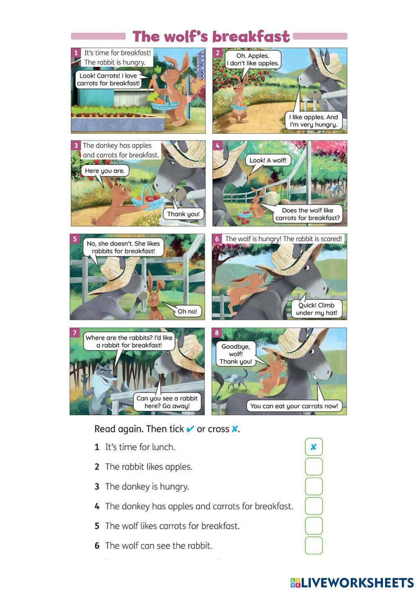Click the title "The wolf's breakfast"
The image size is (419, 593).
pyautogui.click(x=211, y=36)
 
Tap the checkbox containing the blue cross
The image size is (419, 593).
pyautogui.click(x=313, y=447)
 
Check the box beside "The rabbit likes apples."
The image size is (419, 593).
pyautogui.click(x=313, y=467)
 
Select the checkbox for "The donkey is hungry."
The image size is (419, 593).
pyautogui.click(x=313, y=486)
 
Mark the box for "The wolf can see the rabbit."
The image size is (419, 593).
pyautogui.click(x=313, y=546)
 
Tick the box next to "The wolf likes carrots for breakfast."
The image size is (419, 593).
pyautogui.click(x=313, y=526)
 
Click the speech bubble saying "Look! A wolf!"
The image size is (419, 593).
pyautogui.click(x=268, y=161)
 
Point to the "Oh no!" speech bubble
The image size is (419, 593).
pyautogui.click(x=187, y=311)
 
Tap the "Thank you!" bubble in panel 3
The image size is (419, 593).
pyautogui.click(x=183, y=214)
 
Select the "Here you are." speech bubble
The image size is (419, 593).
pyautogui.click(x=105, y=171)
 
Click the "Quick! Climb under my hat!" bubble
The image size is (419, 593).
pyautogui.click(x=316, y=309)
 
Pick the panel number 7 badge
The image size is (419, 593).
pyautogui.click(x=75, y=333)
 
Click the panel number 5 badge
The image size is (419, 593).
pyautogui.click(x=75, y=239)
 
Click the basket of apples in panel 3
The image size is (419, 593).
pyautogui.click(x=147, y=199)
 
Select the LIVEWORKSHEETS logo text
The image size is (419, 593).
pyautogui.click(x=352, y=583)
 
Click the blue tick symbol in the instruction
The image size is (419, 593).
pyautogui.click(x=190, y=429)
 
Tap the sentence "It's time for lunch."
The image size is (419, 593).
pyautogui.click(x=140, y=447)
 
